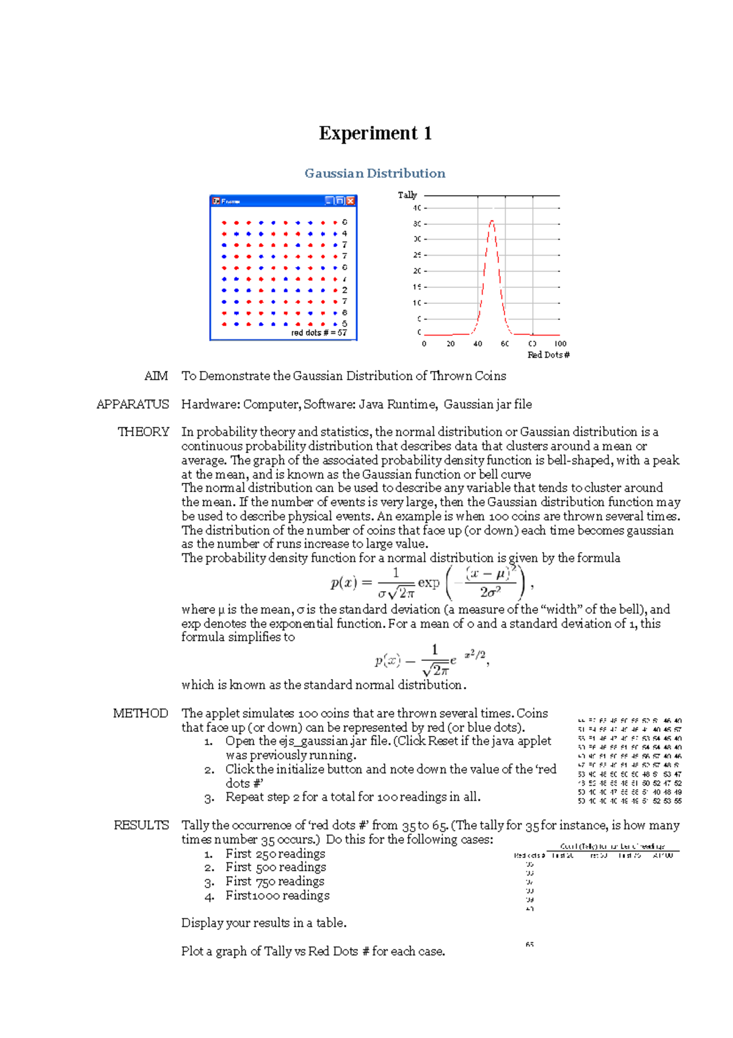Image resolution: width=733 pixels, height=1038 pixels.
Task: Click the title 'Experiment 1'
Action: click(375, 133)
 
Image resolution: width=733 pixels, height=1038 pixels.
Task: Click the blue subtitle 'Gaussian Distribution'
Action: click(375, 174)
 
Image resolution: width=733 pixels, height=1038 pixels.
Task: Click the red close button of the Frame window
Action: click(351, 201)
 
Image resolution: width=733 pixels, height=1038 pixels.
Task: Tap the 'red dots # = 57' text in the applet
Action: click(318, 333)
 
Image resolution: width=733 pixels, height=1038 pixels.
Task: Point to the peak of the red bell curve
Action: click(492, 221)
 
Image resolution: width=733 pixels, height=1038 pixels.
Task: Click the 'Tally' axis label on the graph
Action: click(407, 195)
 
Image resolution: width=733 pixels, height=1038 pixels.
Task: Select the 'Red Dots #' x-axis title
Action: click(548, 355)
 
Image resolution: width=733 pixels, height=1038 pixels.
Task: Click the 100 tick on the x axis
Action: click(560, 344)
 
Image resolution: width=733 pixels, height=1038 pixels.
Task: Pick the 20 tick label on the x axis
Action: click(451, 344)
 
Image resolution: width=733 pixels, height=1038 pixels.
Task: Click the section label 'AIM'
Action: click(156, 376)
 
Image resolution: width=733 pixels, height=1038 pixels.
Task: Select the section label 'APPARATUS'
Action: click(133, 405)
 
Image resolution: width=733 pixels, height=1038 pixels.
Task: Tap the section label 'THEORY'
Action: click(143, 432)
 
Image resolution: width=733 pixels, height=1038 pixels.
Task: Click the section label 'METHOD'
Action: click(140, 713)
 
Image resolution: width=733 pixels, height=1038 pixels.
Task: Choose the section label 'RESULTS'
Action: click(141, 825)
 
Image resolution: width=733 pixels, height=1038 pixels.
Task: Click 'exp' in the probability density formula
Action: click(428, 583)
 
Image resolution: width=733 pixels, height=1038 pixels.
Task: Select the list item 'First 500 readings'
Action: click(275, 867)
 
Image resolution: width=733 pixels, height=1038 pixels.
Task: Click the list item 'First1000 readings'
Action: click(277, 896)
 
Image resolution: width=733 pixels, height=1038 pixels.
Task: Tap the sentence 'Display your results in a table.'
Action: click(264, 923)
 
